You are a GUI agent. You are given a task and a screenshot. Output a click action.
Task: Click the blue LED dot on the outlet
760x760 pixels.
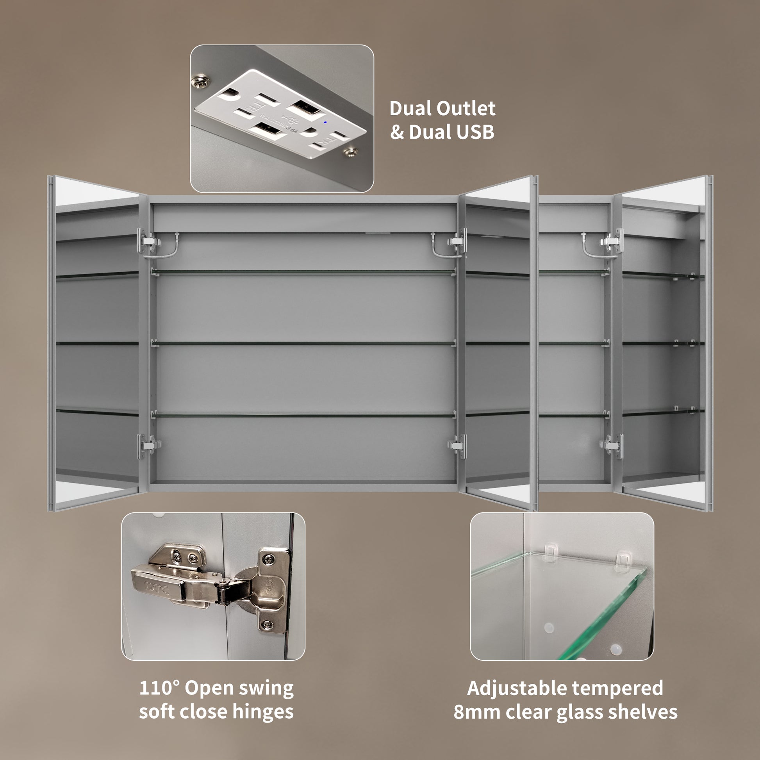point(325,122)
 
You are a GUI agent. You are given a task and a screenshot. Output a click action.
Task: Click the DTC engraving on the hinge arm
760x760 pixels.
point(157,588)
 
